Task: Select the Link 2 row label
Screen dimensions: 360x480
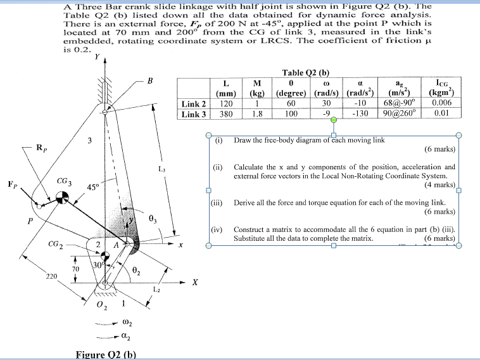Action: [194, 104]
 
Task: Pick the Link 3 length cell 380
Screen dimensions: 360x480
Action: [226, 114]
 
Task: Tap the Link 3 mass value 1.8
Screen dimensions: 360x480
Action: [257, 114]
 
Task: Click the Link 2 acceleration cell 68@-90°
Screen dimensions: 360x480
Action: [397, 104]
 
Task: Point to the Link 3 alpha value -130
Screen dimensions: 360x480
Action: [359, 114]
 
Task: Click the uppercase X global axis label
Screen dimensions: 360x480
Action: [195, 283]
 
